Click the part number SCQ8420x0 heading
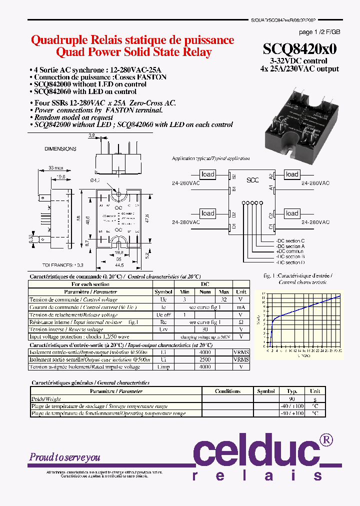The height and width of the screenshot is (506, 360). point(300,48)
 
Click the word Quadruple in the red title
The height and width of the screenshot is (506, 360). point(55,40)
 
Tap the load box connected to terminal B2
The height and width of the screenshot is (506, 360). point(207,174)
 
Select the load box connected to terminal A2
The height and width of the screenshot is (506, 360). point(292,174)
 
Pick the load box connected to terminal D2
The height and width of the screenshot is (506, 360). point(207,213)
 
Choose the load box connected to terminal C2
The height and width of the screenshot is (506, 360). point(292,213)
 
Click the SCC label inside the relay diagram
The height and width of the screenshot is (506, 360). point(253,180)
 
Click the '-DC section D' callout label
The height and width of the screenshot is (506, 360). point(290,262)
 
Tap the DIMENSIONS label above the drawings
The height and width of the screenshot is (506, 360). point(60,149)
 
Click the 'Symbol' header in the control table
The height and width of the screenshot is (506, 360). point(163,291)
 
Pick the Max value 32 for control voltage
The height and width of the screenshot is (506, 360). point(224,299)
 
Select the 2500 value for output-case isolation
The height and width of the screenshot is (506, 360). point(204,359)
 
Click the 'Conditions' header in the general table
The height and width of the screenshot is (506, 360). point(227,391)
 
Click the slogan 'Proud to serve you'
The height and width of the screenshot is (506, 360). point(65,457)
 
